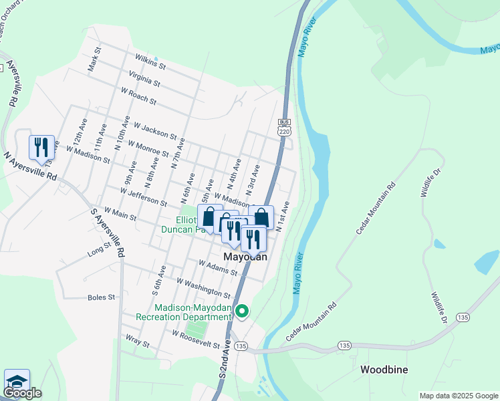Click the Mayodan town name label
[245, 257]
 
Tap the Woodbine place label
[384, 370]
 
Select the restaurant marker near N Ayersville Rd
[41, 148]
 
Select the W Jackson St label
[154, 130]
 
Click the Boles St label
[102, 297]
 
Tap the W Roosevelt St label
[196, 339]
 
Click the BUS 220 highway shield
[284, 126]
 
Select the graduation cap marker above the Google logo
[17, 381]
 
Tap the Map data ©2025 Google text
[459, 396]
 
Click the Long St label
[99, 251]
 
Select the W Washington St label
[203, 288]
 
